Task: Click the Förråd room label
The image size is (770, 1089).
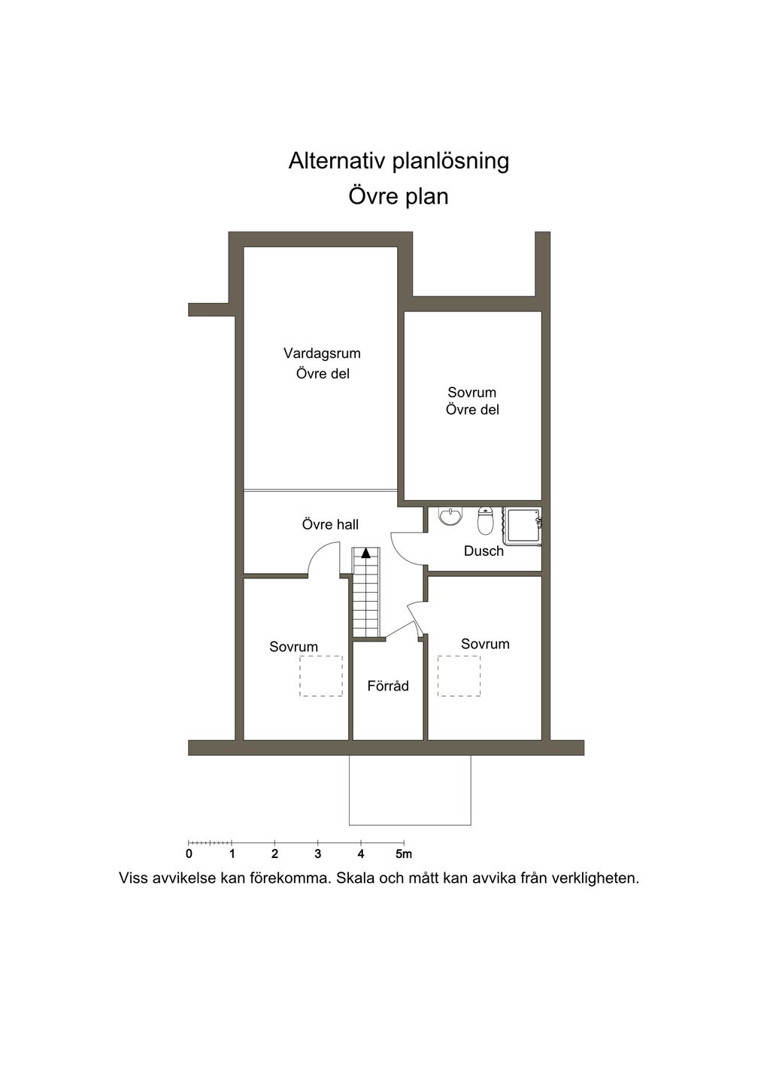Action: (x=387, y=686)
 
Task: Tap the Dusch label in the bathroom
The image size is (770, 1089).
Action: (x=484, y=551)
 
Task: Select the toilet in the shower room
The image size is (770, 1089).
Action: (x=485, y=520)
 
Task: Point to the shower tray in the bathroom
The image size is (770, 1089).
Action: (x=523, y=526)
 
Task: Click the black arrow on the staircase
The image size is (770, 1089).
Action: (x=365, y=552)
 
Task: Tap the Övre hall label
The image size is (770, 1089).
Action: (x=330, y=524)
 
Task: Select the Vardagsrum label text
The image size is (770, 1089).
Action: (x=322, y=353)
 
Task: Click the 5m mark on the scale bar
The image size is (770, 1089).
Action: (x=404, y=854)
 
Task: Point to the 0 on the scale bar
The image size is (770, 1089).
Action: (x=189, y=854)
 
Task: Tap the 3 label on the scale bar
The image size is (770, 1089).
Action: (x=317, y=854)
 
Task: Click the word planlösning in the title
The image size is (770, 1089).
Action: (x=450, y=162)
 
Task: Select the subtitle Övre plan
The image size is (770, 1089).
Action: (x=398, y=197)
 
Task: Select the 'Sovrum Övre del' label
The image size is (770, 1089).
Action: (x=472, y=401)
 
